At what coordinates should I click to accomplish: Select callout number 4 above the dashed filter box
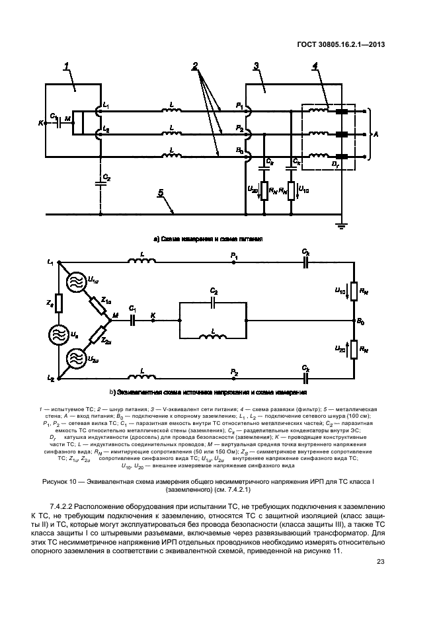point(315,66)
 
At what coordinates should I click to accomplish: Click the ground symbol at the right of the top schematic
point(341,226)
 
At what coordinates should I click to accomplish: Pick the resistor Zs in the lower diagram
point(59,303)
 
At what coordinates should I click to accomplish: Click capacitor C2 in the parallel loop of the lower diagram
point(213,301)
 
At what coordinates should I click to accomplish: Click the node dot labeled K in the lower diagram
point(153,319)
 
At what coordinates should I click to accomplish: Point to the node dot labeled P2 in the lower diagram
point(233,379)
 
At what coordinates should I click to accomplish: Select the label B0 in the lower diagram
point(360,321)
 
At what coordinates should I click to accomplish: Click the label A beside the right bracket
point(376,133)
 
